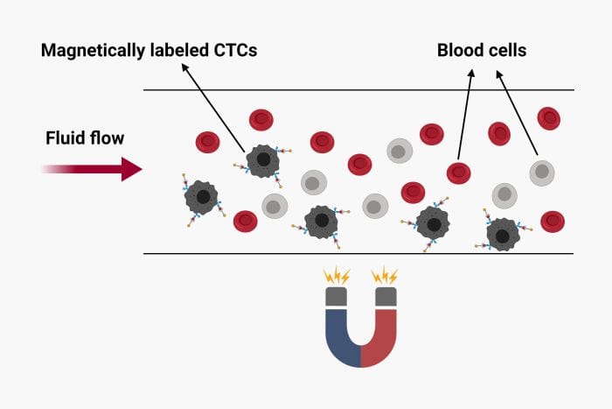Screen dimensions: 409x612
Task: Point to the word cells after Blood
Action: [508, 51]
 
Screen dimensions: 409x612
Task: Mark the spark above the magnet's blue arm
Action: [337, 277]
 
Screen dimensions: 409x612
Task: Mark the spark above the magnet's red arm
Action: [385, 277]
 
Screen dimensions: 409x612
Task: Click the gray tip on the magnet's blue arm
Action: [337, 298]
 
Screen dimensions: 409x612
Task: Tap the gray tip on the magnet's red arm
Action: [386, 298]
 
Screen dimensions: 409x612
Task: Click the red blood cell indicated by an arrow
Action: [458, 173]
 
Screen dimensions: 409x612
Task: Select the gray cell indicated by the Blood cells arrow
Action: [542, 172]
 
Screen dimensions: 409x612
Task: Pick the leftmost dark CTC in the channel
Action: [202, 197]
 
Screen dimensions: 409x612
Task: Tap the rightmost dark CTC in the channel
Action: [502, 234]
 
